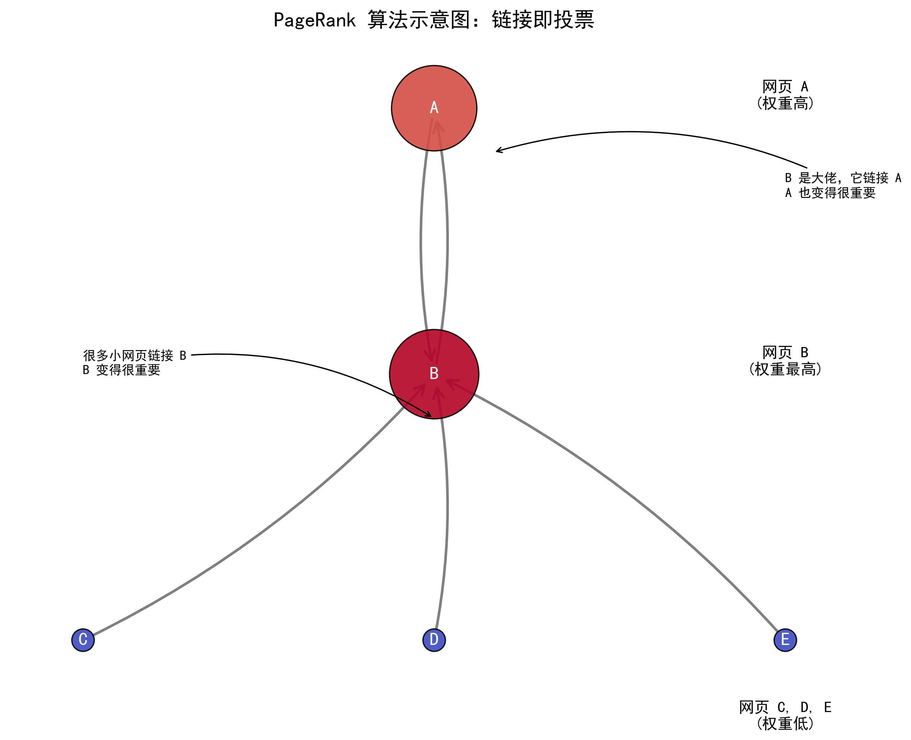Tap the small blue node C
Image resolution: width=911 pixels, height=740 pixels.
(x=83, y=640)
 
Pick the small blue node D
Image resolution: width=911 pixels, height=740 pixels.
(x=434, y=640)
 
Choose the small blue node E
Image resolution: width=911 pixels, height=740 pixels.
(x=785, y=640)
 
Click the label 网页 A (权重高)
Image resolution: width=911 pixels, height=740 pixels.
(x=785, y=95)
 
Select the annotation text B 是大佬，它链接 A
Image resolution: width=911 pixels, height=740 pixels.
(x=843, y=178)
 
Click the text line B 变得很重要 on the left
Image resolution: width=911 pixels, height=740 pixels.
(x=121, y=370)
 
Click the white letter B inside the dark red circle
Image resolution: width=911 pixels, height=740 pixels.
(x=434, y=373)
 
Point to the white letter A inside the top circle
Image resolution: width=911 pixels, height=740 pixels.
(x=434, y=107)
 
